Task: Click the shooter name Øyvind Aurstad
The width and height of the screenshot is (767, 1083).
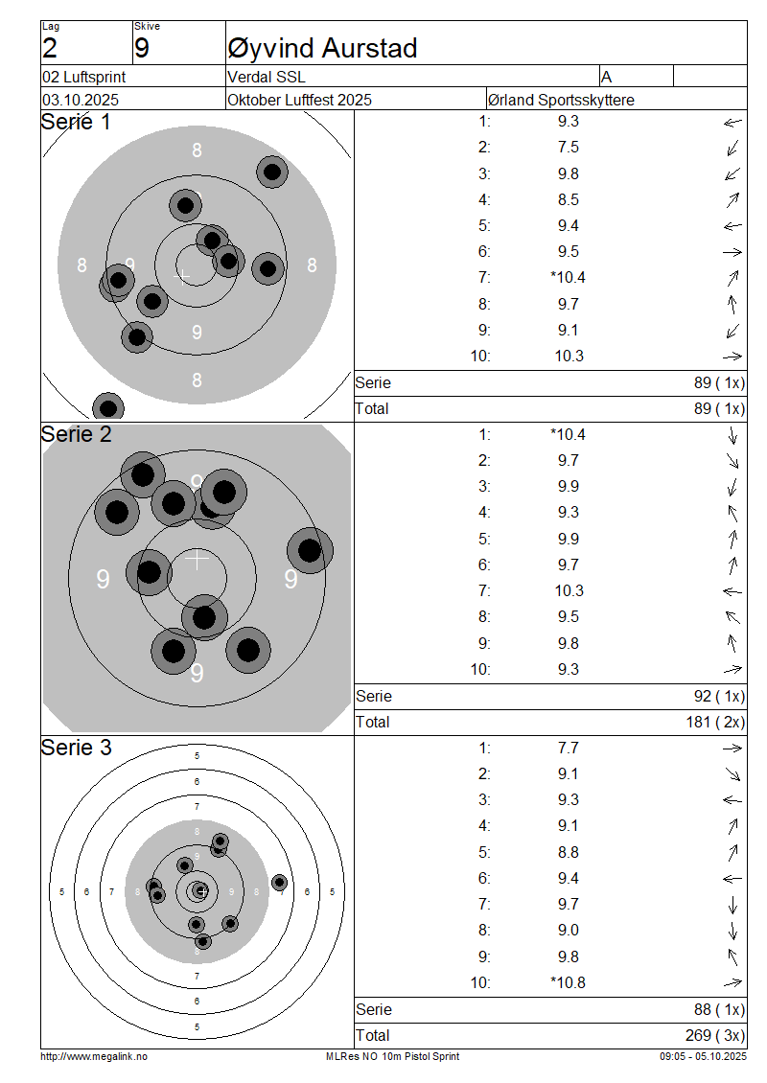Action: tap(322, 48)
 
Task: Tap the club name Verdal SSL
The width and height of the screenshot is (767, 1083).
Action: tap(267, 78)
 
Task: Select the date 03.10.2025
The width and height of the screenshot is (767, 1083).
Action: tap(81, 100)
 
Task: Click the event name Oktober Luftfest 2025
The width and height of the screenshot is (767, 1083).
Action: tap(300, 100)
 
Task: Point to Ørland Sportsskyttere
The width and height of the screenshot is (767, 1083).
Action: tap(561, 100)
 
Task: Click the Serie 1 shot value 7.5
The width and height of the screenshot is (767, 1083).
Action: tap(568, 148)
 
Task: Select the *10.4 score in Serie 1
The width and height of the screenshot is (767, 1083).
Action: tap(568, 278)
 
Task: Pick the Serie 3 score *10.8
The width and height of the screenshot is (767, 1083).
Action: tap(568, 982)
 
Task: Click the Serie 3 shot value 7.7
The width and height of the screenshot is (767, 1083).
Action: tap(568, 749)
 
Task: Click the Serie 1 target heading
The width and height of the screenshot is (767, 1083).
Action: tap(76, 123)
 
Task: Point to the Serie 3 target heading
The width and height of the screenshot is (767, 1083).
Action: tap(77, 748)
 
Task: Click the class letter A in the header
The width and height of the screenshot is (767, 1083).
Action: tap(607, 77)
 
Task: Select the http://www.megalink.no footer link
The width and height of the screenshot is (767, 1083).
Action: tap(94, 1056)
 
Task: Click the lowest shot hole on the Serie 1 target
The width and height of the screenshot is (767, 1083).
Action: tap(108, 407)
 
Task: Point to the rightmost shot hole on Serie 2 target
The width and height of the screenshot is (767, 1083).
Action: tap(310, 551)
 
